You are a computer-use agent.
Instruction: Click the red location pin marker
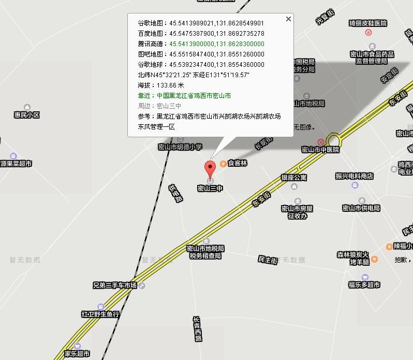(x=210, y=168)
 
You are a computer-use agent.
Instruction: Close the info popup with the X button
(x=288, y=19)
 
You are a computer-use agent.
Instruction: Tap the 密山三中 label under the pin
(x=210, y=189)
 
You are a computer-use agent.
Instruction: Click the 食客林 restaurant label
(x=238, y=163)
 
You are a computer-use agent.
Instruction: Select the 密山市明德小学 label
(x=180, y=147)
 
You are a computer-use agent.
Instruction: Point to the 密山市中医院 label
(x=320, y=150)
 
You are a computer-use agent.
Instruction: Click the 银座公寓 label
(x=294, y=177)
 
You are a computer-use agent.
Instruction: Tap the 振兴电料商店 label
(x=355, y=176)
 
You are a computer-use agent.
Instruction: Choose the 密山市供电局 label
(x=361, y=208)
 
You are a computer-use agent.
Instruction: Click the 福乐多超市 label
(x=364, y=285)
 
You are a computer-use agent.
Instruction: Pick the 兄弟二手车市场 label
(x=115, y=285)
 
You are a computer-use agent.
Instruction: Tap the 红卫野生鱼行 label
(x=100, y=314)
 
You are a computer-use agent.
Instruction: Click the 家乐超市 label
(x=77, y=354)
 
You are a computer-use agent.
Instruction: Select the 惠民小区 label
(x=27, y=115)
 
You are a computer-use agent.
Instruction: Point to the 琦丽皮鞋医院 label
(x=368, y=23)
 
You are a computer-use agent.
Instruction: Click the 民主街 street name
(x=268, y=260)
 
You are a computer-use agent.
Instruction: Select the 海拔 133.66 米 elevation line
(x=161, y=85)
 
